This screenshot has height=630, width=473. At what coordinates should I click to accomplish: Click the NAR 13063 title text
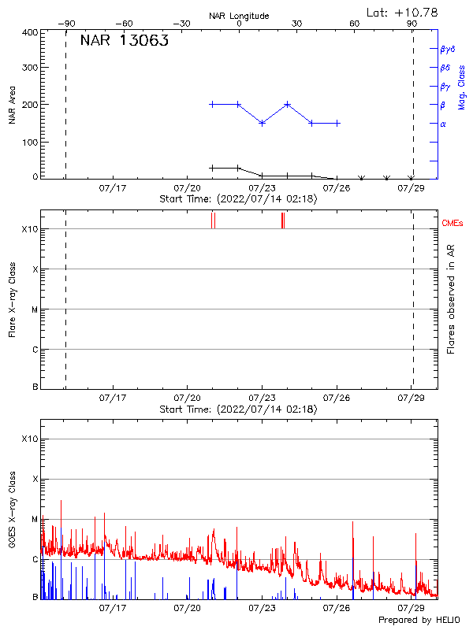(x=124, y=42)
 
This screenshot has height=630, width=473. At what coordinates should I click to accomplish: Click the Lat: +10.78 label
(x=402, y=12)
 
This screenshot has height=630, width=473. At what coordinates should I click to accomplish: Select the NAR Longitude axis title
(x=239, y=16)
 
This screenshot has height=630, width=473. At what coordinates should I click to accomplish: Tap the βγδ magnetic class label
(x=449, y=49)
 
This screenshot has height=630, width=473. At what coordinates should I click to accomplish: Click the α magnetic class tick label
(x=443, y=124)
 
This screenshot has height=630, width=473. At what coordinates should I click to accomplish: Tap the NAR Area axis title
(x=13, y=105)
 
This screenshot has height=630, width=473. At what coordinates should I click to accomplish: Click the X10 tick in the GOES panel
(x=28, y=439)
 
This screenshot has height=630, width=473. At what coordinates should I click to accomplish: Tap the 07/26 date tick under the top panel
(x=337, y=189)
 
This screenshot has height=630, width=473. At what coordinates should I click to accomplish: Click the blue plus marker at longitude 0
(x=238, y=104)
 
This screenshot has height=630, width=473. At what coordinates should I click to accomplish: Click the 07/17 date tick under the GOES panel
(x=113, y=608)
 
